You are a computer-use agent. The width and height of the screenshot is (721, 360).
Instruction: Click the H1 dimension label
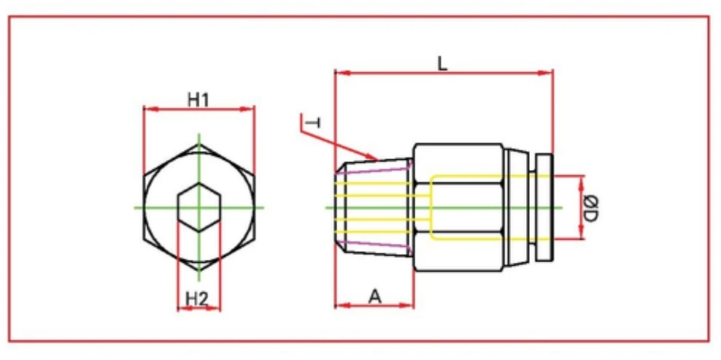pos(198,99)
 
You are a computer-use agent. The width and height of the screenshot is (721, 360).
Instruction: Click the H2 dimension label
pos(197,298)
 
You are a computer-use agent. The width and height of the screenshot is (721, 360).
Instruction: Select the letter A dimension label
pos(375,296)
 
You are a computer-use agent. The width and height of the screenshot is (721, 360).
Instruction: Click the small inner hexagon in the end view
pos(199,207)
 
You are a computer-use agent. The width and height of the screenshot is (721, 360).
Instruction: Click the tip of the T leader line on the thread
pos(376,158)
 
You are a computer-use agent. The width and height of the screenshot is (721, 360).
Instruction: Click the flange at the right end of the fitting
pos(545,207)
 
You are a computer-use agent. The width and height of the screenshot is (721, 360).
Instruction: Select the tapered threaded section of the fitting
pos(374,207)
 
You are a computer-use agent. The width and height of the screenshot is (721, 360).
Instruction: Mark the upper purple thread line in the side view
pos(379,170)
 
